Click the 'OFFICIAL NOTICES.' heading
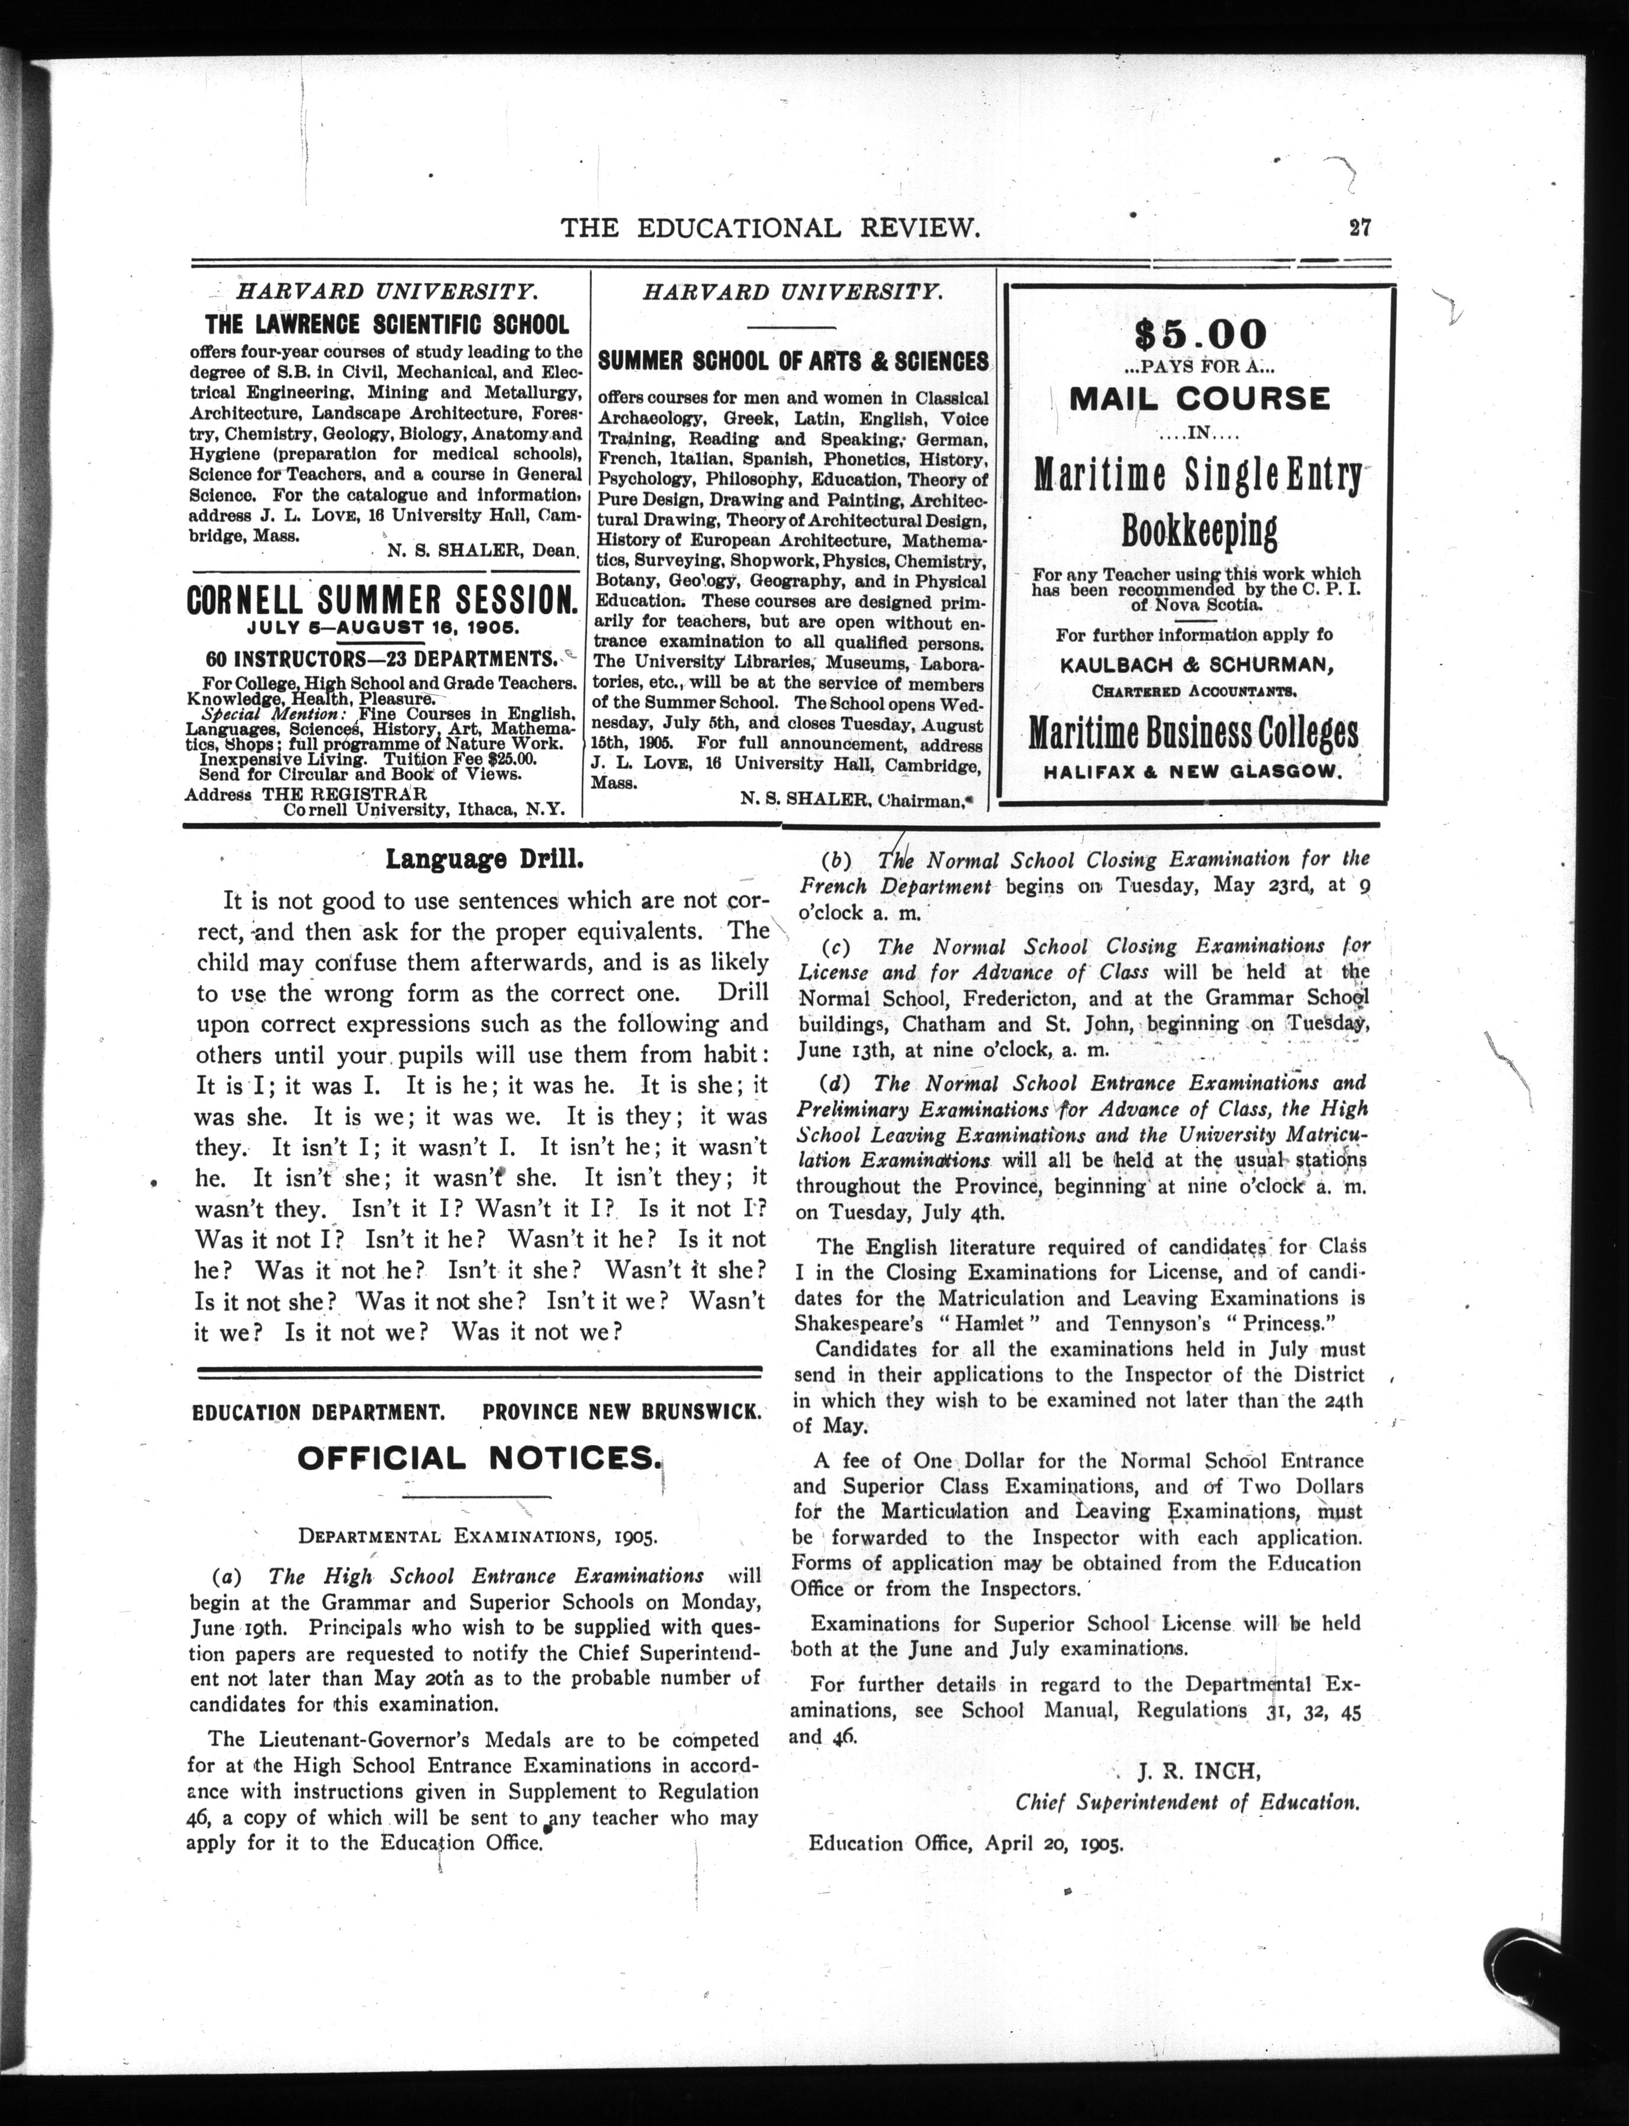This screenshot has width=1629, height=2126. tap(479, 1457)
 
